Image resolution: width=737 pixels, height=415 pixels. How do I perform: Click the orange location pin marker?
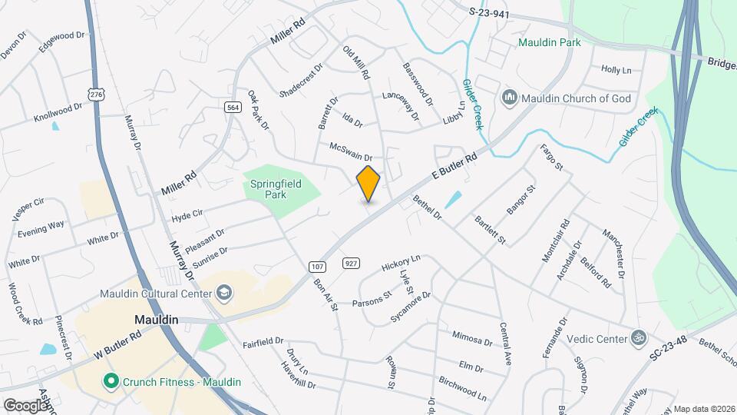[368, 183]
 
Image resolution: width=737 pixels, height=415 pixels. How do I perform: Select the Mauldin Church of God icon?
[508, 98]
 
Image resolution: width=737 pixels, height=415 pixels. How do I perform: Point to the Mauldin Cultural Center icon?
[224, 293]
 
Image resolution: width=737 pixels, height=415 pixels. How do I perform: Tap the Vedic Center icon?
[637, 337]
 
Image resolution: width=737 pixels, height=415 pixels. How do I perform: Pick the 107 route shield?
[317, 266]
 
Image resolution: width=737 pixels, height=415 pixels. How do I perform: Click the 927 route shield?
[351, 262]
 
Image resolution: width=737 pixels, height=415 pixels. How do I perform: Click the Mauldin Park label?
[548, 43]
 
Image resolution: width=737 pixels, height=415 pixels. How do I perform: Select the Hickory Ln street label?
[401, 264]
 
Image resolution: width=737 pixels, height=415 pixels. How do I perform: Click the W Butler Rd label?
[117, 346]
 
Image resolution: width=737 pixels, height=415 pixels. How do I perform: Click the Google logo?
[26, 404]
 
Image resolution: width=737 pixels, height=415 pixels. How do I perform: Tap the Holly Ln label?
[616, 70]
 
